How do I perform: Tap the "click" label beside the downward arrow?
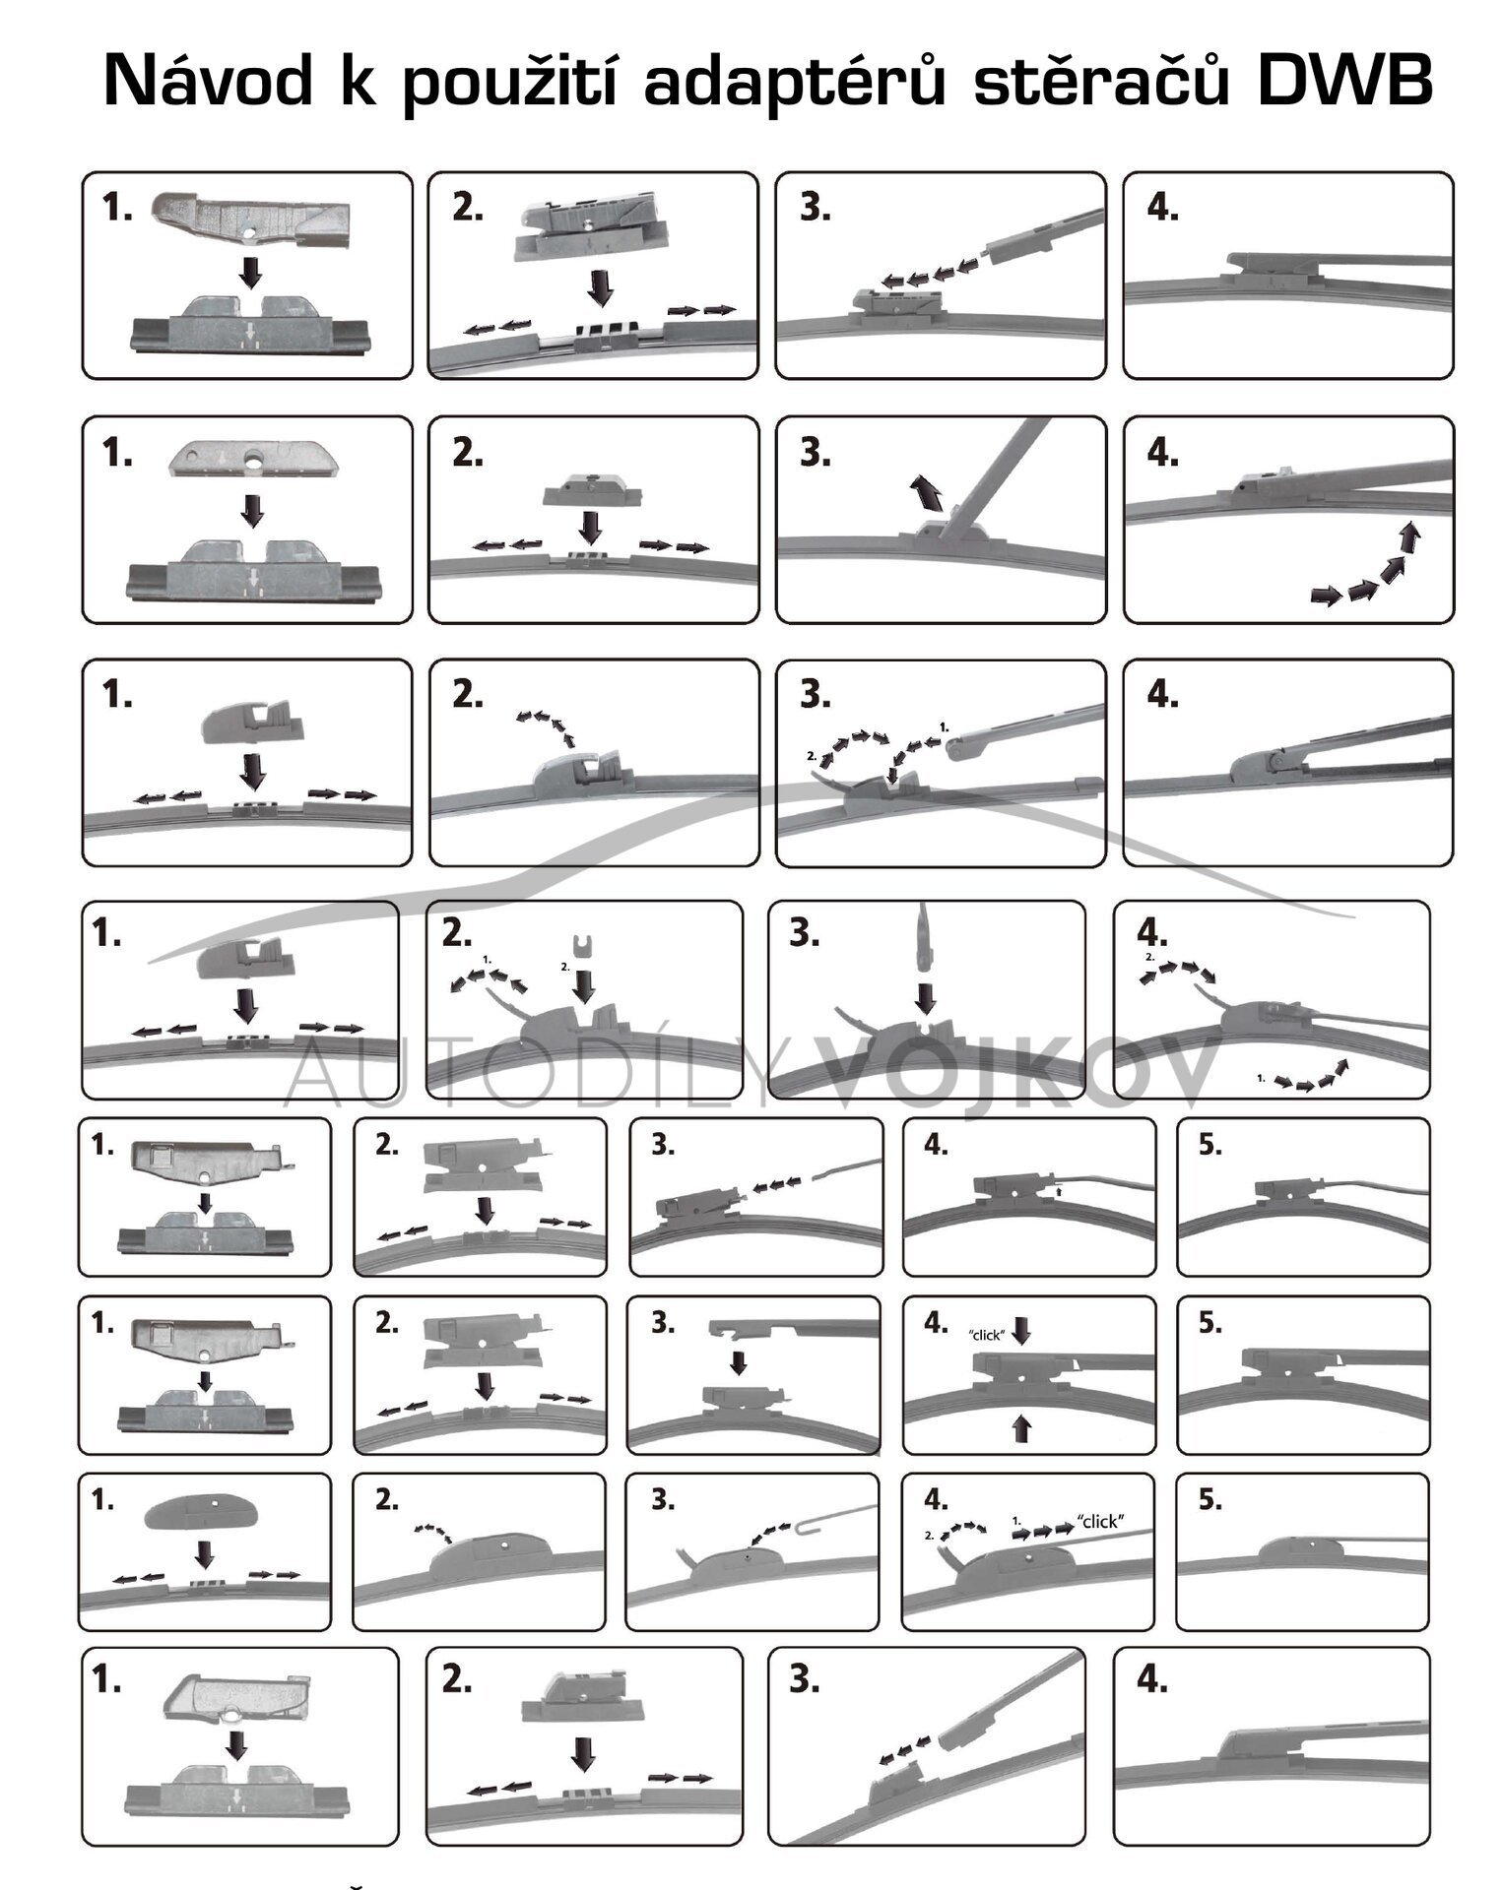pyautogui.click(x=987, y=1336)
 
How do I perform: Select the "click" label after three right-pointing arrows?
pyautogui.click(x=1100, y=1521)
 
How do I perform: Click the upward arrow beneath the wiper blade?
pyautogui.click(x=1021, y=1428)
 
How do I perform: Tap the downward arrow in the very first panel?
pyautogui.click(x=251, y=272)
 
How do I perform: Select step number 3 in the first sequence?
pyautogui.click(x=814, y=208)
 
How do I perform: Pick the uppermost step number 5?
pyautogui.click(x=1209, y=1145)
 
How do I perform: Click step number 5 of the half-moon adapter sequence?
pyautogui.click(x=1209, y=1500)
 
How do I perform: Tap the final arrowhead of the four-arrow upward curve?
pyautogui.click(x=1411, y=536)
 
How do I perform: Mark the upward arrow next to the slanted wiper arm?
pyautogui.click(x=926, y=491)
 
